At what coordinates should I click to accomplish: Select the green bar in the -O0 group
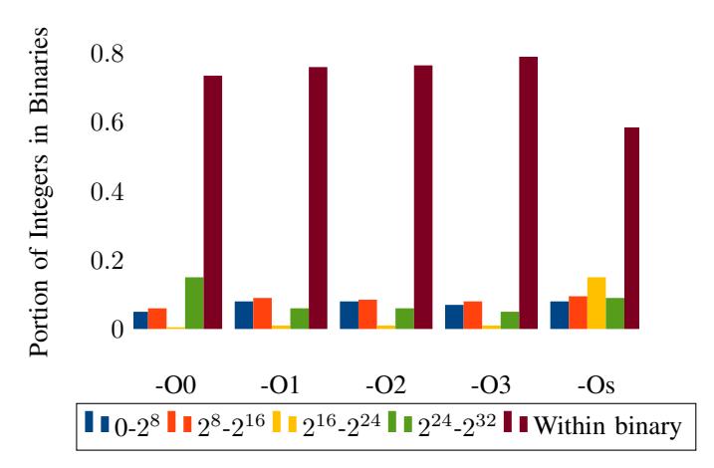pyautogui.click(x=194, y=303)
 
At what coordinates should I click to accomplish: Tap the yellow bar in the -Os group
pyautogui.click(x=595, y=303)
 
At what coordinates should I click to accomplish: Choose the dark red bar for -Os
pyautogui.click(x=631, y=228)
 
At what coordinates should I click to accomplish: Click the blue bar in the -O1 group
pyautogui.click(x=244, y=315)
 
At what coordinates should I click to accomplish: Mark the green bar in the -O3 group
pyautogui.click(x=510, y=320)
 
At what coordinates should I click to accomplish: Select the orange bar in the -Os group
pyautogui.click(x=578, y=312)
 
